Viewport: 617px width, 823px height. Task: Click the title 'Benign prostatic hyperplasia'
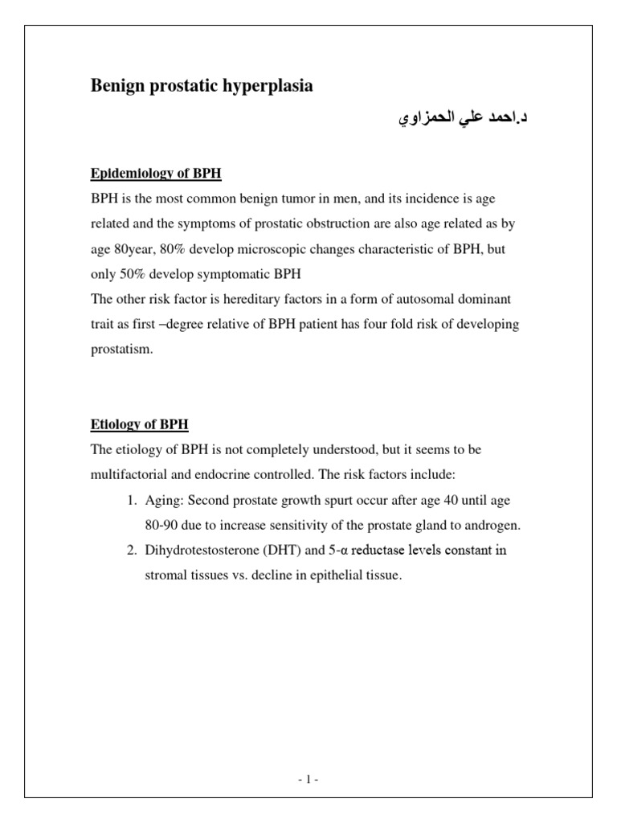(201, 87)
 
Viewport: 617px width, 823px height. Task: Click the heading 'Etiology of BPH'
(139, 424)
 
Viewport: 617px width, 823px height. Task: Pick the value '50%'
(133, 274)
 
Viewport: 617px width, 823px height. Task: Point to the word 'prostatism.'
(121, 350)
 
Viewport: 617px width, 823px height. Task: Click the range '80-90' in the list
(161, 526)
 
